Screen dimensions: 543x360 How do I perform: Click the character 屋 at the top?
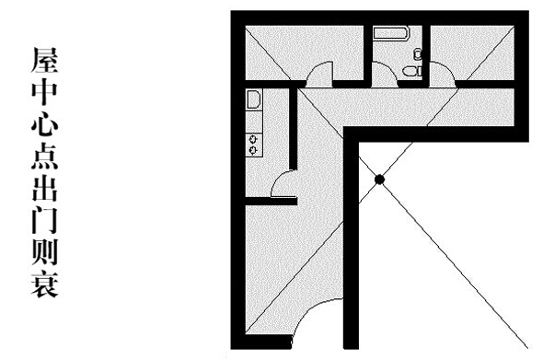45,60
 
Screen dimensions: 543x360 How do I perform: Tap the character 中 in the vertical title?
45,92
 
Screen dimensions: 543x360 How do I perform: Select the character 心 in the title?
45,123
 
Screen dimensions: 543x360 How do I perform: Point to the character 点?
45,156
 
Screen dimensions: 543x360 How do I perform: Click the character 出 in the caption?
45,188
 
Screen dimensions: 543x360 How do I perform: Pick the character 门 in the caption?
45,220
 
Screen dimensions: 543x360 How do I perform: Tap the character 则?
45,251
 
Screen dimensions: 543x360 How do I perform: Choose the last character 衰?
45,284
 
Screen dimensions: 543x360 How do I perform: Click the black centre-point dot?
379,180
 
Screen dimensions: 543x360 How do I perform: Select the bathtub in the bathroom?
392,33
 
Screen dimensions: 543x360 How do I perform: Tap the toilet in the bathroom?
413,72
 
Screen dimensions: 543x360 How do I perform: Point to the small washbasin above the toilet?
419,54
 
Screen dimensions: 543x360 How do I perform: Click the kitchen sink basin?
253,99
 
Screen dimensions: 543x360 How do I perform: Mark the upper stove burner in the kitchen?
254,139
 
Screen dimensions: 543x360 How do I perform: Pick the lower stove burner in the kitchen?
254,150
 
